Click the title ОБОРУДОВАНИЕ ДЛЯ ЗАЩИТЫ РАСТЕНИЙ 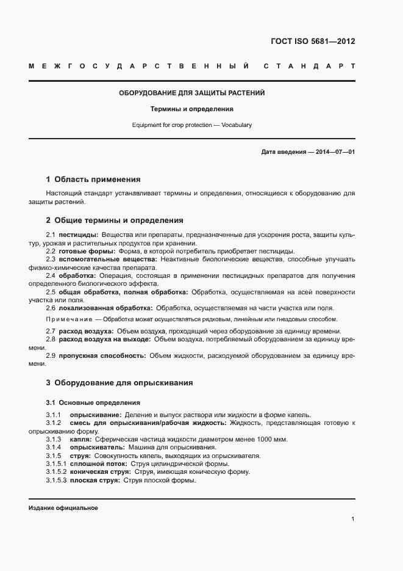tap(191, 93)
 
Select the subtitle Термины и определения tap(192, 109)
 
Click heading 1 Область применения tap(93, 180)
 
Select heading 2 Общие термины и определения tap(115, 220)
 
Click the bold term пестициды tap(78, 235)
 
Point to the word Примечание tap(68, 319)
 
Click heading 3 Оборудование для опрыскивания tap(119, 383)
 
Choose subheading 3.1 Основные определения tap(93, 403)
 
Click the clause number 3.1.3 tap(54, 439)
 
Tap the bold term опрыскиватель tap(98, 448)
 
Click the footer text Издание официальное tap(63, 508)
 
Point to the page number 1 tap(353, 519)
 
